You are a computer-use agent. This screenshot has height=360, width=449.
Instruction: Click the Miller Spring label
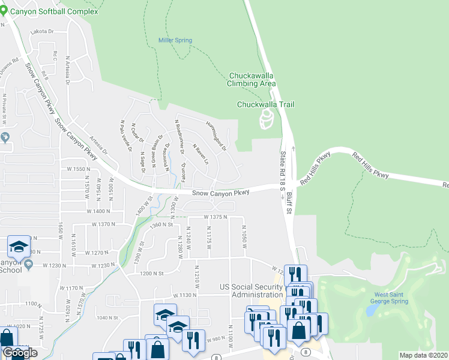click(x=175, y=40)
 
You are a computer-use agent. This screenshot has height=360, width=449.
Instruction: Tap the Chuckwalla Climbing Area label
click(x=252, y=80)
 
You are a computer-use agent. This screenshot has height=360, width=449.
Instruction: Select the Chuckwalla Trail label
click(x=265, y=104)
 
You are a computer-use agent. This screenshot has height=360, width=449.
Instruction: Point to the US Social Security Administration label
click(x=251, y=290)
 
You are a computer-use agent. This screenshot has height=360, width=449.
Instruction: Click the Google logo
click(x=20, y=353)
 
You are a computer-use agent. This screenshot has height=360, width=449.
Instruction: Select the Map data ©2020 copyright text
click(x=424, y=355)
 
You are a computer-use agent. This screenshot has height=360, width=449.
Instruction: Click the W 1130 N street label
click(x=185, y=295)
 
